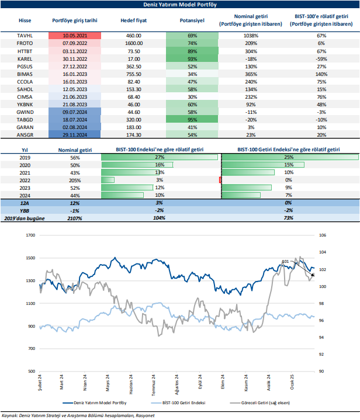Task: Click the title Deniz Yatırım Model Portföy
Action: click(179, 5)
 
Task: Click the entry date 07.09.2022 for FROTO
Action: click(74, 44)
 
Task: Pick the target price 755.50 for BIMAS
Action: click(133, 75)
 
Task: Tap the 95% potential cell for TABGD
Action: click(192, 119)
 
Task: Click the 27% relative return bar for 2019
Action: click(160, 157)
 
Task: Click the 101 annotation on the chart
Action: click(285, 261)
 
